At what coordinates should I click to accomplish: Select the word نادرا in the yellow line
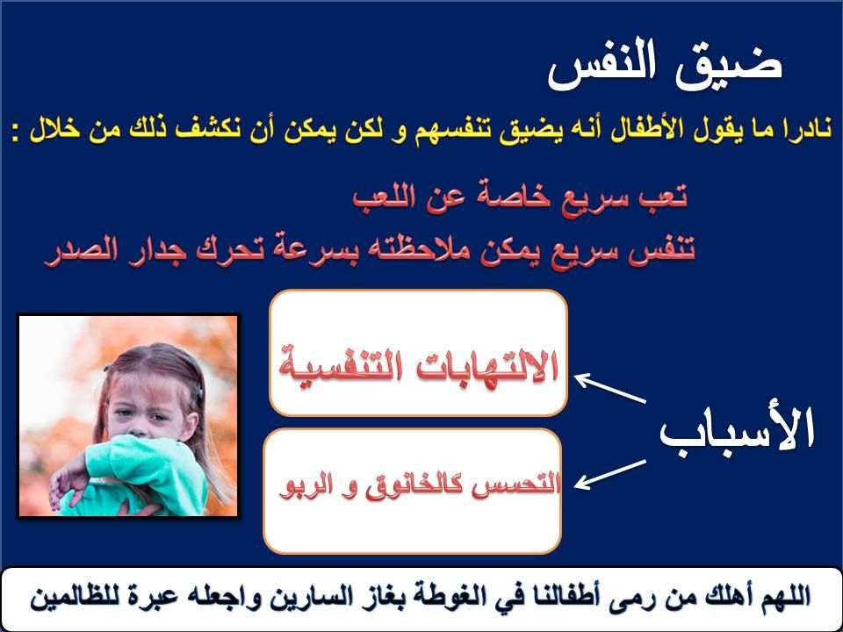click(x=801, y=129)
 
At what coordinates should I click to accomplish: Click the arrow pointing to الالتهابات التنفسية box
click(x=610, y=388)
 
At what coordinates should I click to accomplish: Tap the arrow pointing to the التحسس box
click(x=610, y=475)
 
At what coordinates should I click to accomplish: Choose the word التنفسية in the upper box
click(x=339, y=368)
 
